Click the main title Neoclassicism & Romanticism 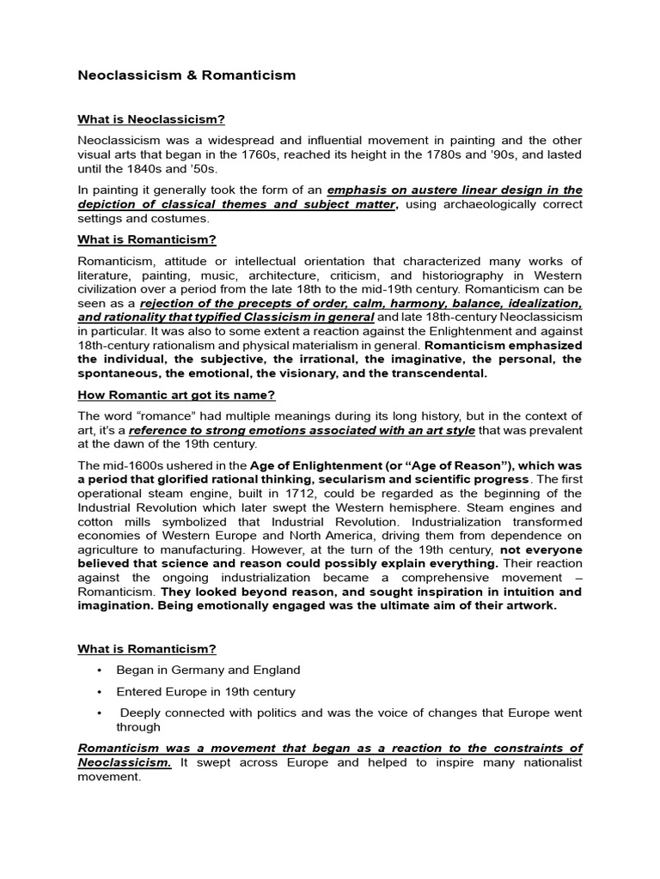pyautogui.click(x=186, y=75)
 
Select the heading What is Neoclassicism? pyautogui.click(x=151, y=118)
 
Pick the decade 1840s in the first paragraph pyautogui.click(x=128, y=169)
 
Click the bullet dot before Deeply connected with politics pyautogui.click(x=101, y=713)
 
